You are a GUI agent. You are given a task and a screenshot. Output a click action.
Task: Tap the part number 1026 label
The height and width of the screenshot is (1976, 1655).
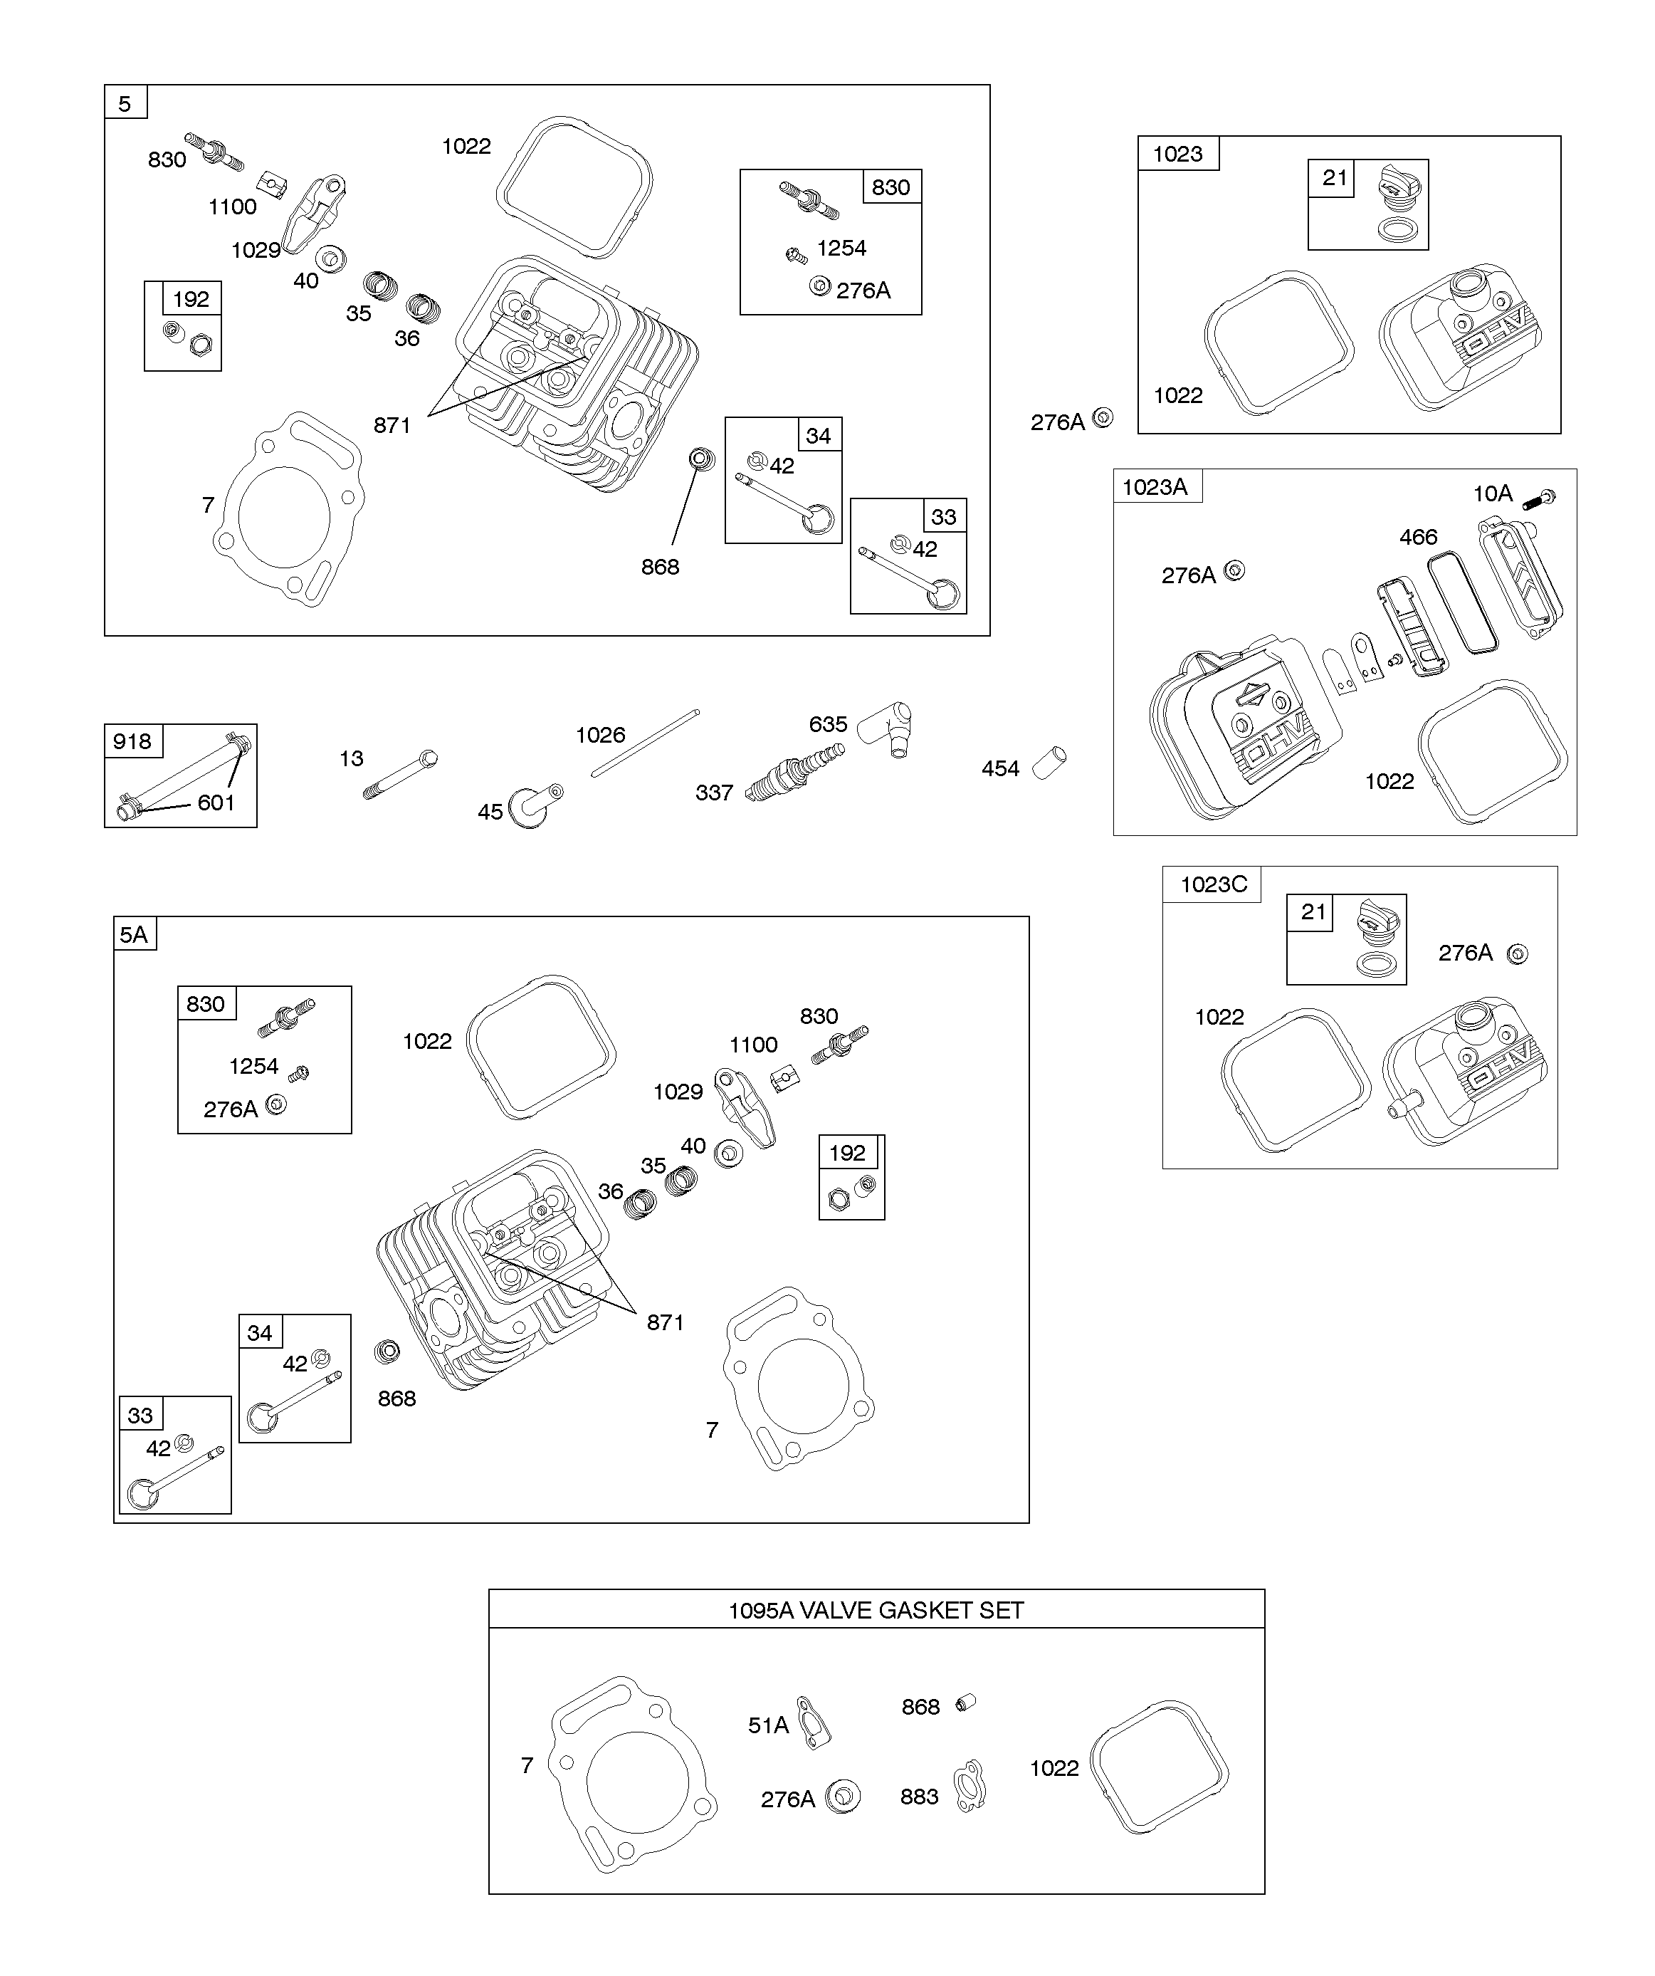click(600, 735)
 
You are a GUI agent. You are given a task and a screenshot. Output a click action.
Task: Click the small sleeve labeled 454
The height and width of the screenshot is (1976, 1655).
click(1049, 762)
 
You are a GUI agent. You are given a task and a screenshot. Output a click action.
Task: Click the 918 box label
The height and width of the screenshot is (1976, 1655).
click(132, 741)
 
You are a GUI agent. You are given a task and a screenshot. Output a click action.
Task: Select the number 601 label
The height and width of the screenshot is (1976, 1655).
click(216, 803)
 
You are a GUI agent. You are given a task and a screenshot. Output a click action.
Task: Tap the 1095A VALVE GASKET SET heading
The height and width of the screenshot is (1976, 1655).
click(876, 1610)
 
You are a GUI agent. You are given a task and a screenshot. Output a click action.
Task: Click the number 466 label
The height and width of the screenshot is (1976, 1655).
click(1418, 538)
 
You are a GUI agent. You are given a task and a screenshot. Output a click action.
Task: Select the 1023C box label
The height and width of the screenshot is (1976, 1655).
click(1213, 884)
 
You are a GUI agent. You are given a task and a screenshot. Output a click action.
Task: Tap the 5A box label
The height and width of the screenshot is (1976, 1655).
click(134, 934)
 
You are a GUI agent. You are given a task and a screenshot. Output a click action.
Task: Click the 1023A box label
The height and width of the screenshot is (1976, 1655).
click(1155, 486)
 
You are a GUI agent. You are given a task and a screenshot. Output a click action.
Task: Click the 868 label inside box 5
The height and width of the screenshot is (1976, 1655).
click(660, 567)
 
